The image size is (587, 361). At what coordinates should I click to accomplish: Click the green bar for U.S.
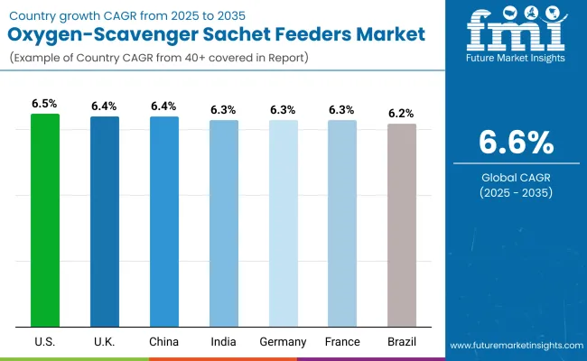point(44,220)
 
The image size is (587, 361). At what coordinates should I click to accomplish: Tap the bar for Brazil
point(402,225)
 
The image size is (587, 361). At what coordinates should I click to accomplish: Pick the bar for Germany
point(283,223)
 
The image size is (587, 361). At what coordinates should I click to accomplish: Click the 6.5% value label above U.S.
point(44,104)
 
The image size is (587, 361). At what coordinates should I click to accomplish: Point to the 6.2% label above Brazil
point(402,114)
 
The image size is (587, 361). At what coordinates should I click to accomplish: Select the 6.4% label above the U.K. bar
point(104,106)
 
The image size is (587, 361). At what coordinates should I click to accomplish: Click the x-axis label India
point(223,342)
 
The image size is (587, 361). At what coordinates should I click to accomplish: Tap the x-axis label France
point(342,342)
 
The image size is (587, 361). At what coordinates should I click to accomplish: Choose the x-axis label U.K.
point(104,342)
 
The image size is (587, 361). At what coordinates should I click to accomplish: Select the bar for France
point(342,223)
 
